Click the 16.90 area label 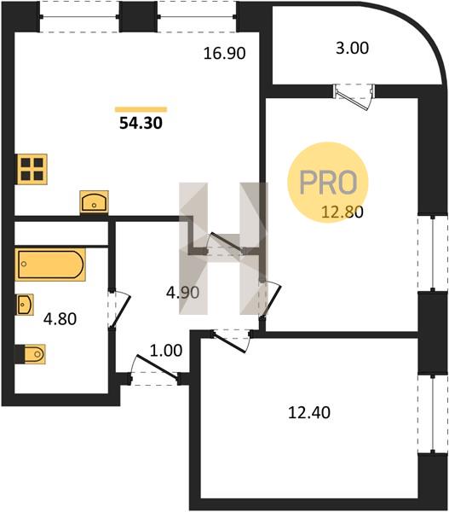(224, 53)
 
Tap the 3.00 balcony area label (353, 48)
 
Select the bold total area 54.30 (141, 123)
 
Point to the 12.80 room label (343, 212)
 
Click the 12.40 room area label (309, 412)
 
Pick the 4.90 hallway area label (182, 292)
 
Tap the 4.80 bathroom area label (60, 318)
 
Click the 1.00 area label (166, 351)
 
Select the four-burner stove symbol (32, 169)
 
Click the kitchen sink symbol (95, 201)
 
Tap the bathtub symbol (50, 265)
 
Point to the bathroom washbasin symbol (25, 305)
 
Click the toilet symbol (31, 354)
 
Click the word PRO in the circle (328, 183)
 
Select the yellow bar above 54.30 (141, 110)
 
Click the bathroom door (119, 309)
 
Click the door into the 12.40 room (232, 341)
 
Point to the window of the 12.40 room (433, 414)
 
